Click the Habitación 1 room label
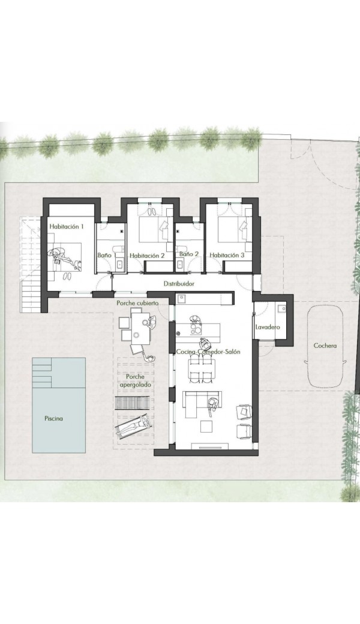click(x=67, y=226)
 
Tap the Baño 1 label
click(x=106, y=255)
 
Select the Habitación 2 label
click(x=147, y=256)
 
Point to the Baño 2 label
click(x=188, y=253)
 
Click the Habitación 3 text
click(x=227, y=256)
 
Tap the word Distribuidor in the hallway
click(x=179, y=284)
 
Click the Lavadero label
click(x=268, y=327)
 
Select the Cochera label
click(x=325, y=346)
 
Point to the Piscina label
click(x=54, y=418)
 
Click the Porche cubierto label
click(x=137, y=303)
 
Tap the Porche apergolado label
click(x=135, y=380)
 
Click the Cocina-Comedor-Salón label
click(x=208, y=352)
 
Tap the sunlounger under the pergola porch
click(x=133, y=426)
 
